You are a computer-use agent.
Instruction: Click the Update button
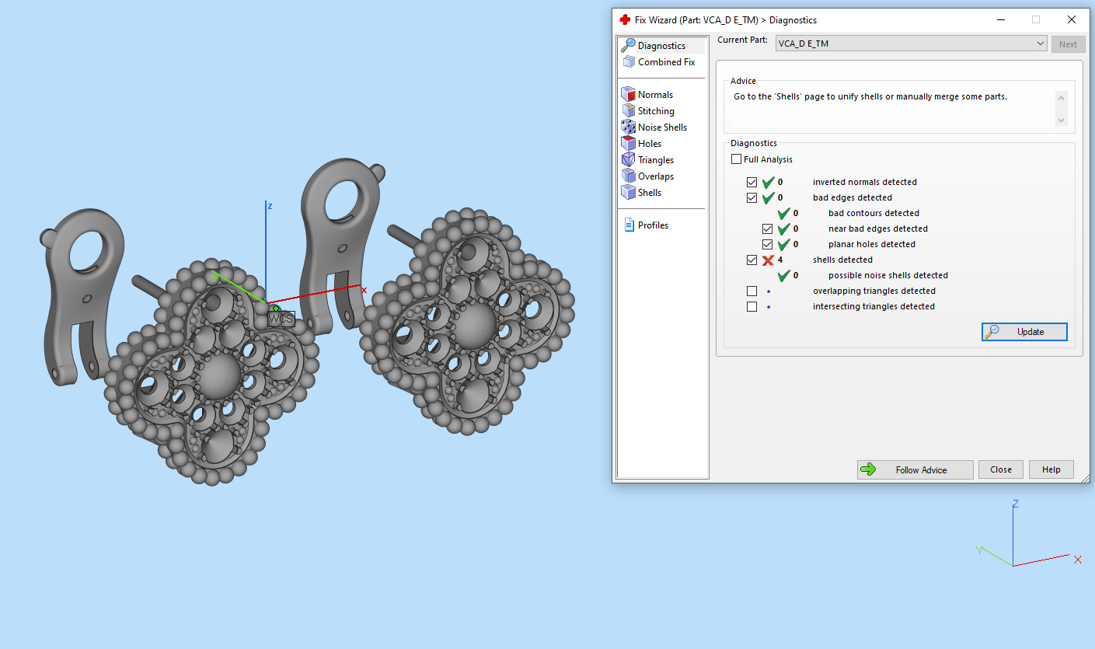pyautogui.click(x=1024, y=332)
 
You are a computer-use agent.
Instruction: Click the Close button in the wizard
pyautogui.click(x=1000, y=469)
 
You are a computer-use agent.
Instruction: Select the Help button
pyautogui.click(x=1051, y=469)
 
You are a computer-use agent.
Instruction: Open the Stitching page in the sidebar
pyautogui.click(x=655, y=111)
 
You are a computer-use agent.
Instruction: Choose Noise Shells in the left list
pyautogui.click(x=662, y=127)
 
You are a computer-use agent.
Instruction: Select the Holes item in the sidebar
pyautogui.click(x=649, y=144)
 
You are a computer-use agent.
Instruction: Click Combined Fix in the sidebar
pyautogui.click(x=666, y=62)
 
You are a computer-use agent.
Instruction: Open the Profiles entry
pyautogui.click(x=653, y=225)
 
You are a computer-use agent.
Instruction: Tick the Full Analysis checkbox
pyautogui.click(x=737, y=159)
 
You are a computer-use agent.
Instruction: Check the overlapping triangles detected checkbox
pyautogui.click(x=752, y=291)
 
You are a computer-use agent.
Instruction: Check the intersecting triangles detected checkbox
pyautogui.click(x=752, y=306)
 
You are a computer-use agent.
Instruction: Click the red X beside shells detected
pyautogui.click(x=768, y=260)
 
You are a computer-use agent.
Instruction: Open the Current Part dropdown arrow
pyautogui.click(x=1041, y=44)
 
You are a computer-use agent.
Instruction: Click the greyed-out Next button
pyautogui.click(x=1068, y=44)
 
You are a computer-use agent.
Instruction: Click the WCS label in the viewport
pyautogui.click(x=281, y=319)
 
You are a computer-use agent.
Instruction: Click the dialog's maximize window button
pyautogui.click(x=1035, y=20)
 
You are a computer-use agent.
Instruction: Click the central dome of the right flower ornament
pyautogui.click(x=471, y=326)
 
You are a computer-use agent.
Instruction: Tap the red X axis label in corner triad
pyautogui.click(x=1077, y=560)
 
